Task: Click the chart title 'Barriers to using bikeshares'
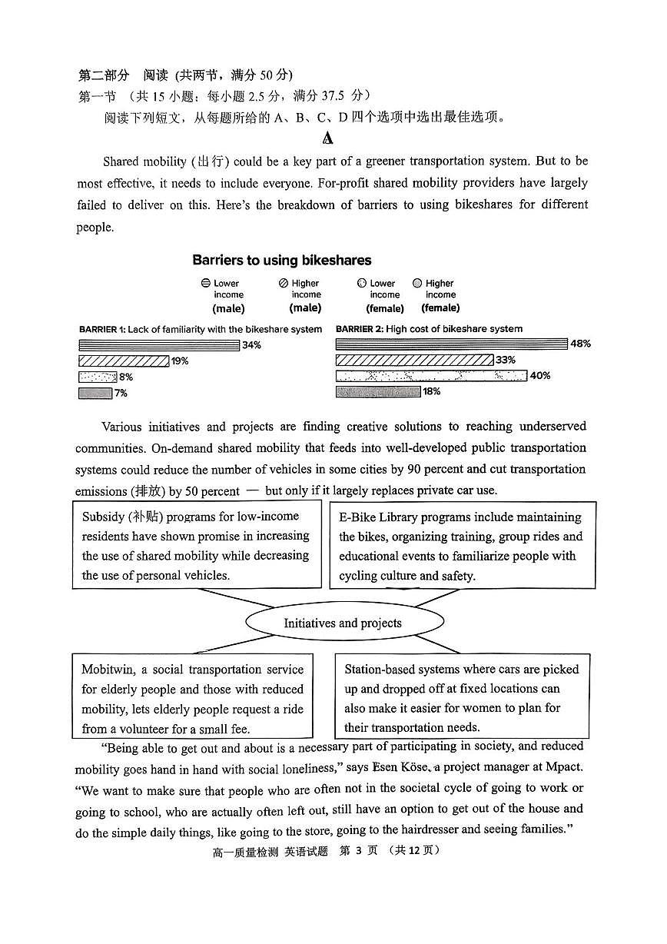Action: click(x=281, y=260)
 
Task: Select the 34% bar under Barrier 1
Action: click(x=159, y=345)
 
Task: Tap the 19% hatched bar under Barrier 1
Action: click(x=124, y=361)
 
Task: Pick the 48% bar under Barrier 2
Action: click(x=451, y=344)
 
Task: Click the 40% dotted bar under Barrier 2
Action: click(x=431, y=376)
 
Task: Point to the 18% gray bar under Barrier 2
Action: click(x=378, y=392)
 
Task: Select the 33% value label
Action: click(x=506, y=360)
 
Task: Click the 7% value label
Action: click(x=121, y=394)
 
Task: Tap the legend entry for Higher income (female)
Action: click(x=436, y=295)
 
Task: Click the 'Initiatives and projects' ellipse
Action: click(x=343, y=623)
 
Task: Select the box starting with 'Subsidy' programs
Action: click(x=197, y=545)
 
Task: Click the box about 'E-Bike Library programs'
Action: click(x=462, y=546)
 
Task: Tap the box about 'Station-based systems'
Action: click(x=461, y=698)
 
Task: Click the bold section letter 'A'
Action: click(x=328, y=139)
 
